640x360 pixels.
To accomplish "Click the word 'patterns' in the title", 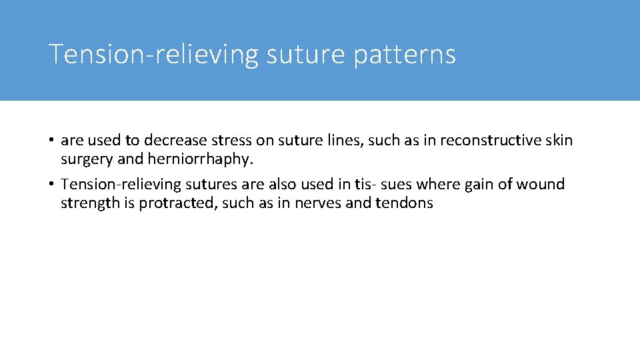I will point(405,55).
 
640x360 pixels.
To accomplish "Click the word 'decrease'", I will point(172,141).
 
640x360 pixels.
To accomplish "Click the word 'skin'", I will point(559,141).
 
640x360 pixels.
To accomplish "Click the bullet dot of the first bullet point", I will point(51,141).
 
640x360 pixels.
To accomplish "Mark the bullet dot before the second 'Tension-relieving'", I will point(51,185).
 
